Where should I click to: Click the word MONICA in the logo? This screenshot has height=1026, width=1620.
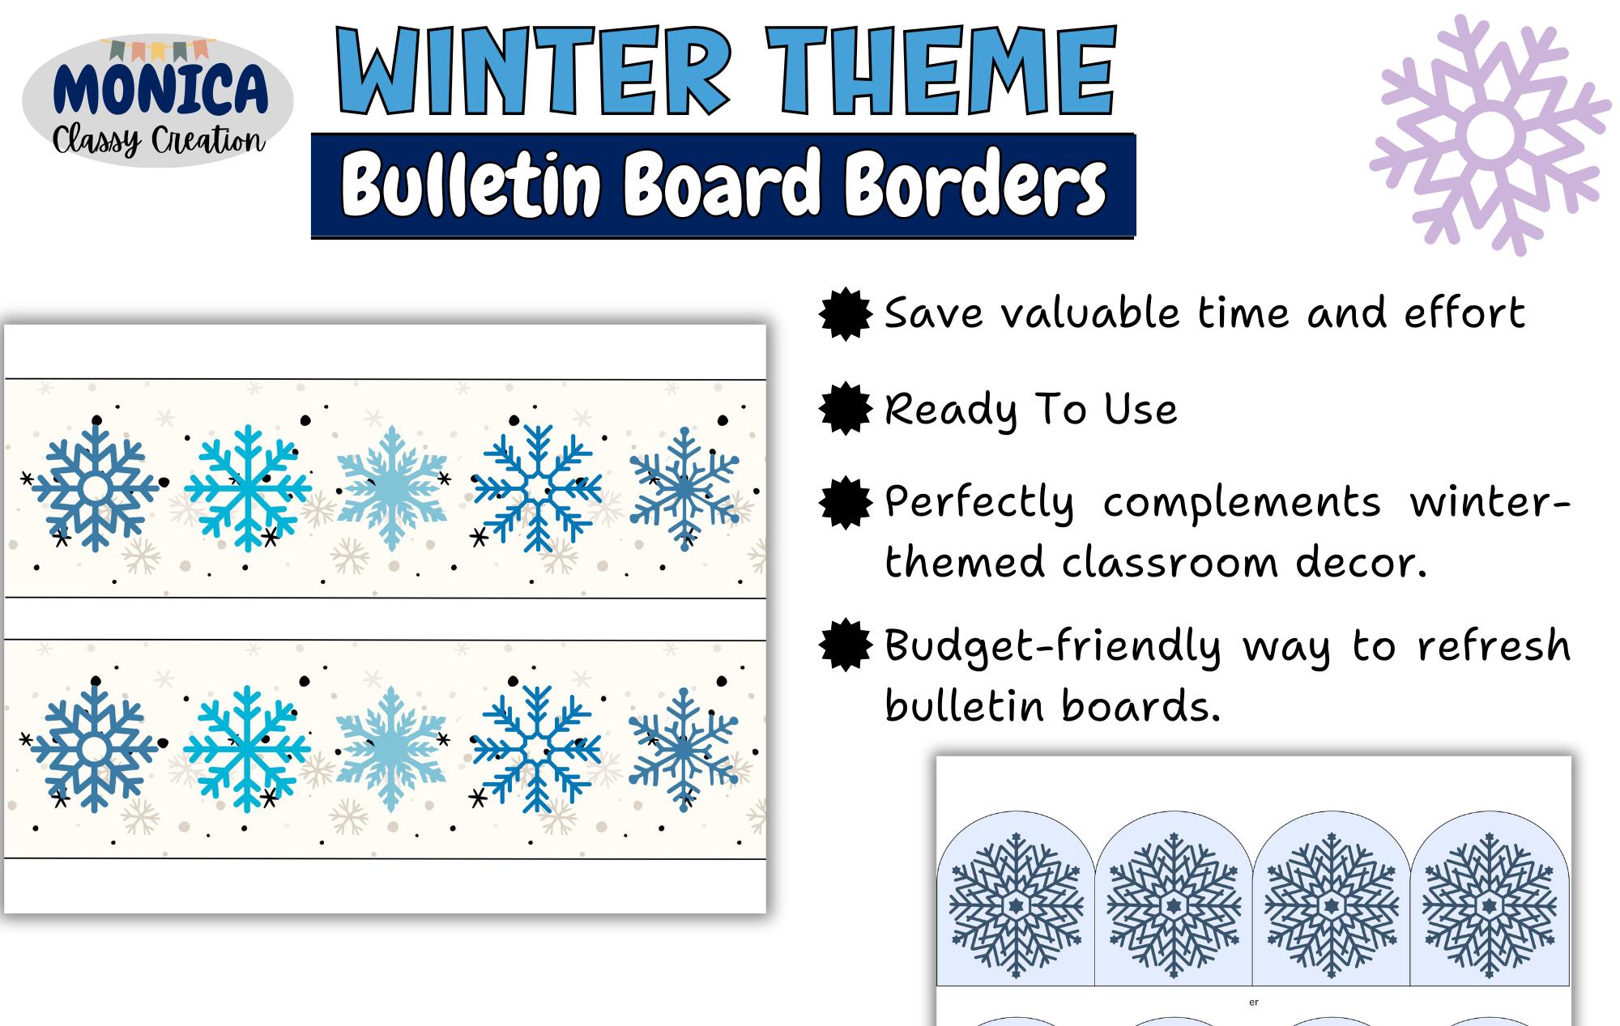coord(160,89)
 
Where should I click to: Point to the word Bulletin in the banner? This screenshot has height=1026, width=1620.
coord(470,185)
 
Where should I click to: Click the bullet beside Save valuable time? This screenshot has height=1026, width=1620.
coord(846,314)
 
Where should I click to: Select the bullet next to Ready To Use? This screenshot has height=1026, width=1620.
coord(846,409)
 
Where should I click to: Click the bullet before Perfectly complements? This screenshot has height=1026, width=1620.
coord(846,503)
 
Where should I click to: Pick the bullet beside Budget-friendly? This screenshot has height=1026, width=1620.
coord(846,645)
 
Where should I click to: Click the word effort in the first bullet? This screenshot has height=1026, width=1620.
coord(1464,313)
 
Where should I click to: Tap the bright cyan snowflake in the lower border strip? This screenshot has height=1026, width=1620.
coord(247,749)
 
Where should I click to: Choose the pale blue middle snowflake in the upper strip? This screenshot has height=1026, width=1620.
coord(392,488)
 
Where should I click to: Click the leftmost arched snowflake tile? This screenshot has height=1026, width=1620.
coord(1016,903)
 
